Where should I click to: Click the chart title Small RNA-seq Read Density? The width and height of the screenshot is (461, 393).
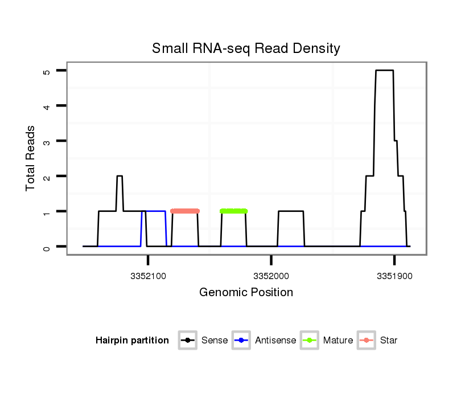click(x=246, y=48)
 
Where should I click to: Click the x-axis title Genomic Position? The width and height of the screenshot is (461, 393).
click(x=246, y=293)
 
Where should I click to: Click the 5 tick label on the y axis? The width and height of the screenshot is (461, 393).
click(x=47, y=71)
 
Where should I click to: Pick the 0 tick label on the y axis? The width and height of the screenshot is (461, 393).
click(x=47, y=247)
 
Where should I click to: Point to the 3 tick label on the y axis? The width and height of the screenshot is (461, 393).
click(x=47, y=141)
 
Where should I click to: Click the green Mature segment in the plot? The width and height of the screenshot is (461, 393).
click(x=233, y=211)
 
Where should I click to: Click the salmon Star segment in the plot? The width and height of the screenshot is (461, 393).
click(x=185, y=211)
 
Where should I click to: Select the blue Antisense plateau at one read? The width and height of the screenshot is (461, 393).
click(x=154, y=211)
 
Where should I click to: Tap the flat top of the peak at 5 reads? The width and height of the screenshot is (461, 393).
click(x=384, y=71)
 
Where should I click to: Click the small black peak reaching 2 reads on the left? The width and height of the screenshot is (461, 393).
click(x=120, y=177)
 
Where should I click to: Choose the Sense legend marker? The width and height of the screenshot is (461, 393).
click(x=187, y=341)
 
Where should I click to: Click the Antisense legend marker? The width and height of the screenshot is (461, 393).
click(x=241, y=341)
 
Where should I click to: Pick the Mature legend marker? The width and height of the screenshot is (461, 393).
click(x=310, y=341)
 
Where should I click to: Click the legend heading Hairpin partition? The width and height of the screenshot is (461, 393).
click(x=132, y=341)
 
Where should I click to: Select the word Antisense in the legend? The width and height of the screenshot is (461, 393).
click(x=275, y=341)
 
